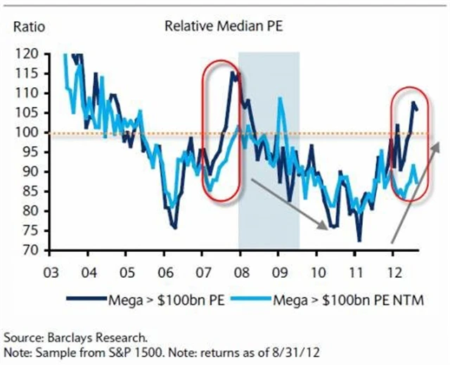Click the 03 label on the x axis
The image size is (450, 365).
tap(50, 271)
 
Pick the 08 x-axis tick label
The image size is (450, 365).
tap(239, 271)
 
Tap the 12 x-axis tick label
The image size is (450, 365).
tap(391, 271)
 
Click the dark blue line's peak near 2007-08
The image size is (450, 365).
tap(232, 71)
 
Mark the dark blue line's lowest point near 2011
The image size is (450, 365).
tap(359, 241)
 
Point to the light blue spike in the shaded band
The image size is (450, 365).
tap(281, 99)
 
